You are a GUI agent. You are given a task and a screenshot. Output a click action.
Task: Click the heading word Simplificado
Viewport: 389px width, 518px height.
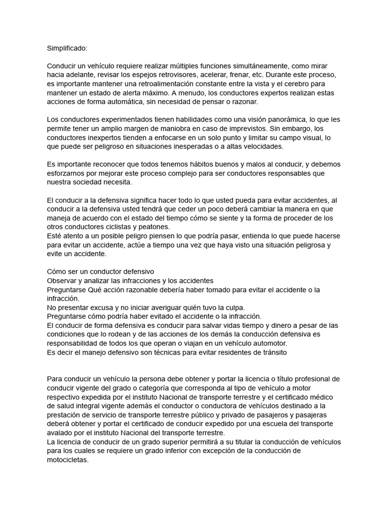(x=67, y=48)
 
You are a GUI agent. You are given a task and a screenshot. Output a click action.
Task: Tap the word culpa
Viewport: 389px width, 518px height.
(x=234, y=308)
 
